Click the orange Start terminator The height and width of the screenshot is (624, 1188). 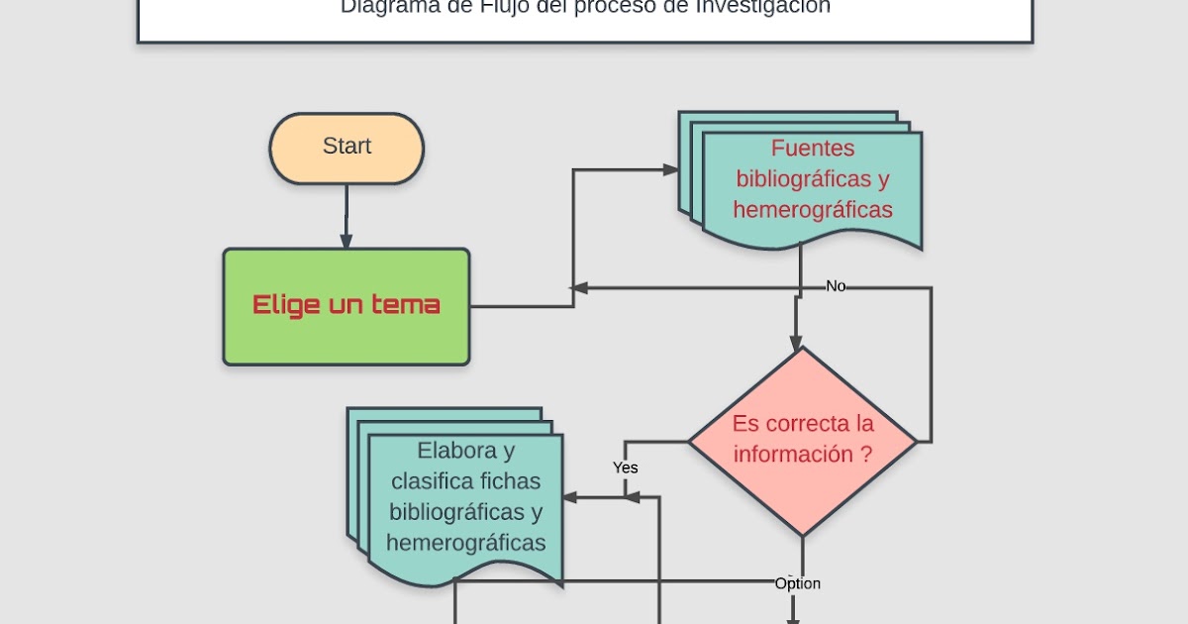[346, 148]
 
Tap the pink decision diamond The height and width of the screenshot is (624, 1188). [802, 441]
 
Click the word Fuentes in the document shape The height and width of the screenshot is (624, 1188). [812, 149]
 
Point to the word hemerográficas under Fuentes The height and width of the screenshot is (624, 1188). [812, 210]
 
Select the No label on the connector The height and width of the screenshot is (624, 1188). [836, 286]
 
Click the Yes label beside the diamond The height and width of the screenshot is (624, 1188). [625, 467]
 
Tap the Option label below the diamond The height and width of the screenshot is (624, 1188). [797, 583]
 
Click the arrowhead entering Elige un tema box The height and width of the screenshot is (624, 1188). [346, 241]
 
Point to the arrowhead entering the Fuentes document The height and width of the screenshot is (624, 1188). [671, 170]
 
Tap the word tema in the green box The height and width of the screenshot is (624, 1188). [405, 304]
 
